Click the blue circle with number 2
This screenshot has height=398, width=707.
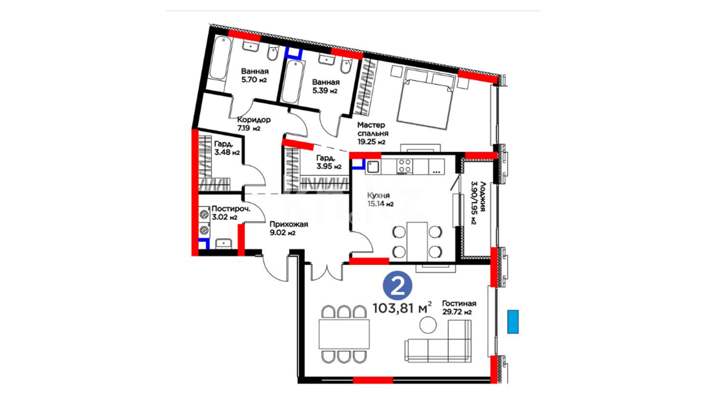397,286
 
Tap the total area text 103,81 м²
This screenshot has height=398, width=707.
402,308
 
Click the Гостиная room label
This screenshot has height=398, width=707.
459,303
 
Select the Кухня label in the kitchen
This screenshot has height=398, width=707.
378,195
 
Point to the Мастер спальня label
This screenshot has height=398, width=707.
373,129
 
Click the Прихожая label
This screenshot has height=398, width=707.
289,224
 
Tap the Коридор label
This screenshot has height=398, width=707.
254,120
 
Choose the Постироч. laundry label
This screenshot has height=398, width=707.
231,209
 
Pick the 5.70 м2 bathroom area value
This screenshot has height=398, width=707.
254,80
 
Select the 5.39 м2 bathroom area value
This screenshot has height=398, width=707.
325,91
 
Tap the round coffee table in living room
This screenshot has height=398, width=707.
428,325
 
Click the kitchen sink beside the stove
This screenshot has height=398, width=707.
373,167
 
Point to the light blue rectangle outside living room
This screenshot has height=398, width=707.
513,322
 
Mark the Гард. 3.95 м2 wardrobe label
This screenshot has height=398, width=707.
328,162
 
